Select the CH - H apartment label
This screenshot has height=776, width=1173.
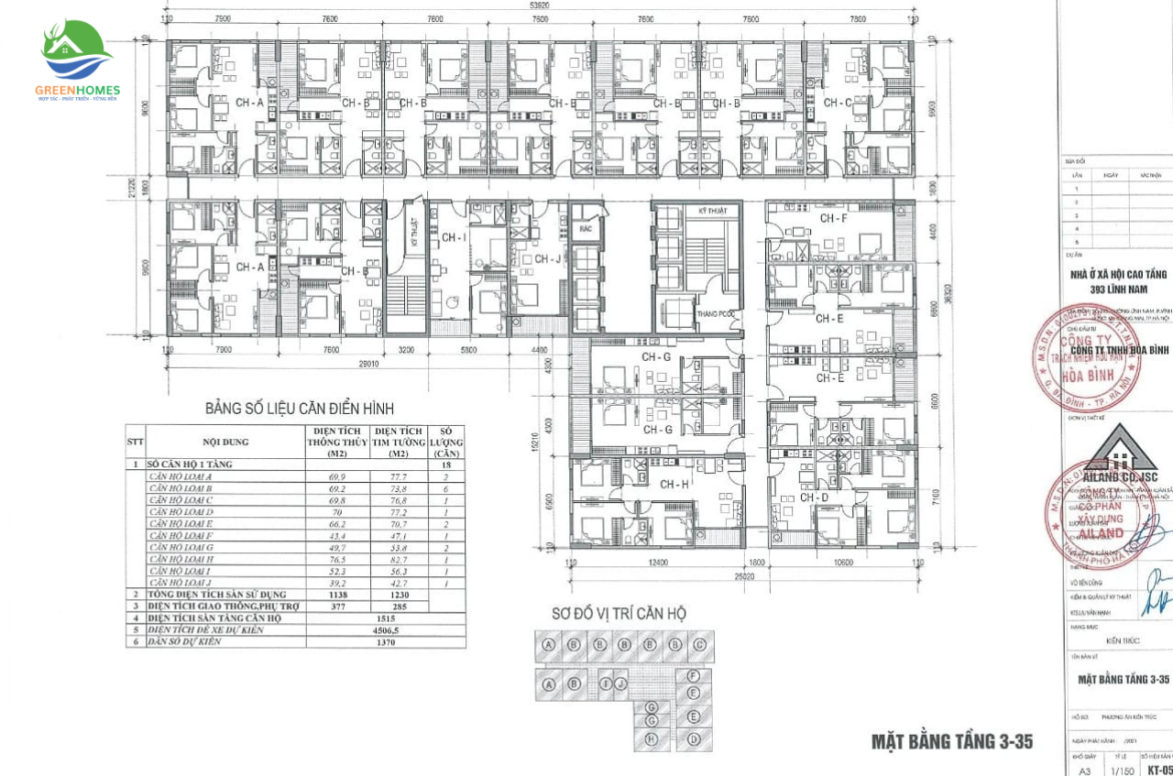point(674,484)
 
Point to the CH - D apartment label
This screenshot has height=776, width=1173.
point(814,497)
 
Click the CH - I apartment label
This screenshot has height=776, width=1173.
point(454,237)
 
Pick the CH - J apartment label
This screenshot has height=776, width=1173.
point(548,259)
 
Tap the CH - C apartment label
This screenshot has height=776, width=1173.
point(837,103)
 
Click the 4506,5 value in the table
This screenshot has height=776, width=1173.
point(384,629)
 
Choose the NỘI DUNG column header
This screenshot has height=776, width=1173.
point(225,442)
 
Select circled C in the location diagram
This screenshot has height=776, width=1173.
point(699,644)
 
